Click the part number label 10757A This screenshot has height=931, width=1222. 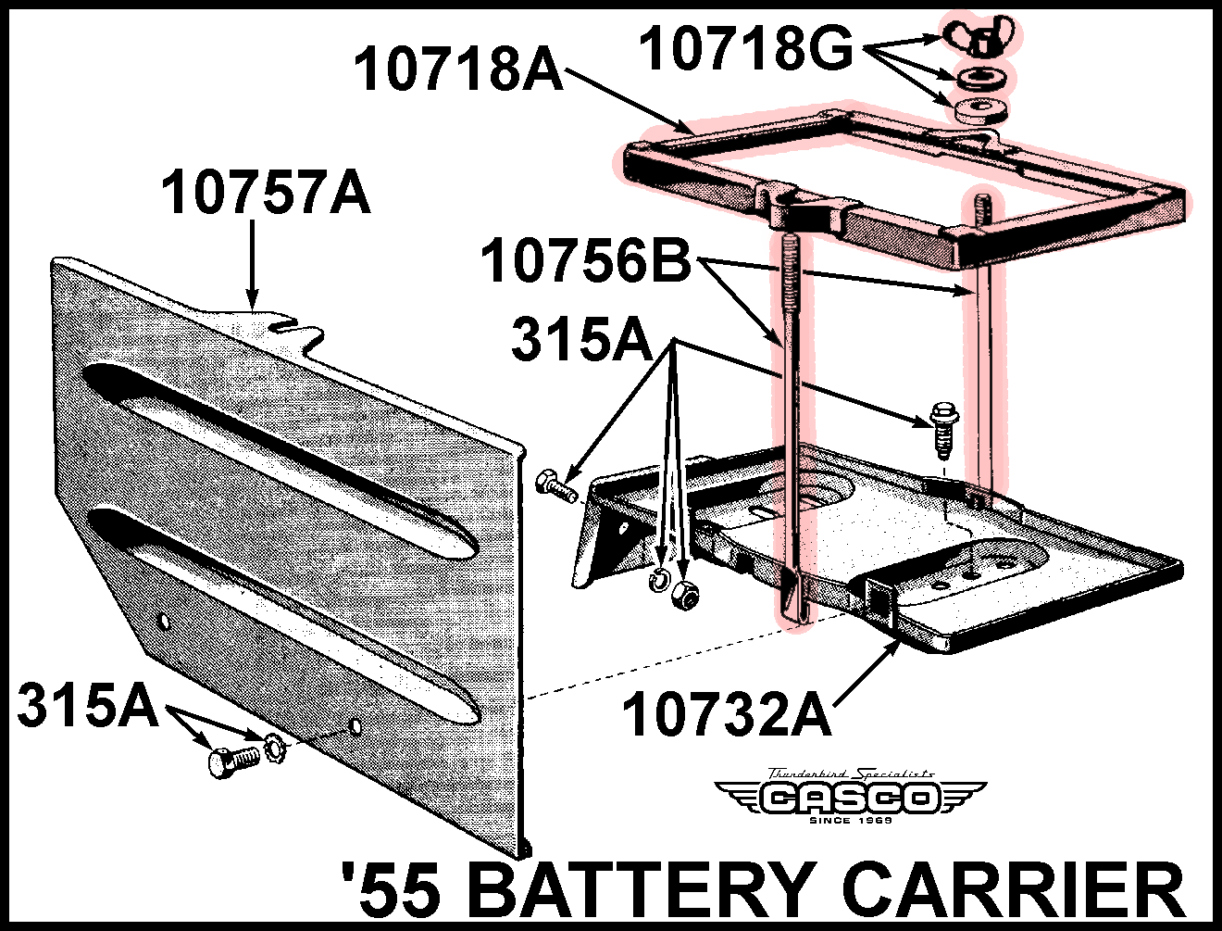pyautogui.click(x=266, y=193)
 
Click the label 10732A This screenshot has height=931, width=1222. pyautogui.click(x=727, y=714)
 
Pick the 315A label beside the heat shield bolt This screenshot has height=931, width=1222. pyautogui.click(x=88, y=705)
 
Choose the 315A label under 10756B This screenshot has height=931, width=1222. pyautogui.click(x=582, y=338)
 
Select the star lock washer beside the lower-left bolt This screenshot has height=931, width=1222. pyautogui.click(x=274, y=748)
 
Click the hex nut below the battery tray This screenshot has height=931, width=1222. pyautogui.click(x=685, y=595)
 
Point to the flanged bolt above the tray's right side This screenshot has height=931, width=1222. pyautogui.click(x=942, y=428)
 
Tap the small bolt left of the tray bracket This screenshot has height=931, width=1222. pyautogui.click(x=555, y=485)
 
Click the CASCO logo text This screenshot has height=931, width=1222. pyautogui.click(x=850, y=798)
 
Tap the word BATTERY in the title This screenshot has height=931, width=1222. pyautogui.click(x=643, y=889)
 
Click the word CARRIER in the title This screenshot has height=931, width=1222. pyautogui.click(x=1014, y=889)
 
